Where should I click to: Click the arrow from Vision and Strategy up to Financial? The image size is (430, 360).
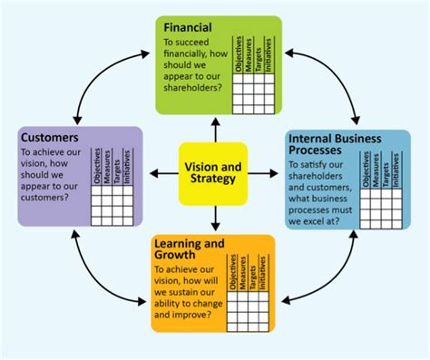tap(214, 130)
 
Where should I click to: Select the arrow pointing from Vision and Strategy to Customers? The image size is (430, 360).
tap(163, 171)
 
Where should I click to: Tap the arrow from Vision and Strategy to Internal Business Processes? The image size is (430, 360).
tap(264, 171)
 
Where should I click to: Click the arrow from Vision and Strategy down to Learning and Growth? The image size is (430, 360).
tap(214, 218)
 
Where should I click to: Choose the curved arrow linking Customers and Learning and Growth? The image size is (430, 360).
tap(91, 272)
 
